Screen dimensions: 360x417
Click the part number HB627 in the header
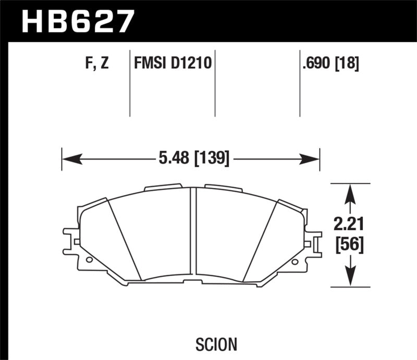coord(77,21)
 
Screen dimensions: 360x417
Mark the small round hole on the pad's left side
coord(89,259)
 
